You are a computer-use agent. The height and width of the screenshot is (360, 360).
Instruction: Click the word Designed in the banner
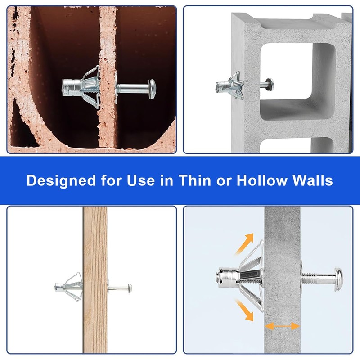(61, 181)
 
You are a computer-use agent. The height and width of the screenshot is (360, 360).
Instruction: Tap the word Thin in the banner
(195, 180)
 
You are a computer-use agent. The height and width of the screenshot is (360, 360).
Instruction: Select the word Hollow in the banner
(262, 180)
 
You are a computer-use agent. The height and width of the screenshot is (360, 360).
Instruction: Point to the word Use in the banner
(141, 180)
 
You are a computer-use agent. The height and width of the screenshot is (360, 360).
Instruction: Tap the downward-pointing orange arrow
(244, 310)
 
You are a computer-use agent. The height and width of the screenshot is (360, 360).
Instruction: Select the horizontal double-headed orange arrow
(283, 326)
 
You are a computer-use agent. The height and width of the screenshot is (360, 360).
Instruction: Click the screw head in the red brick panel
(152, 89)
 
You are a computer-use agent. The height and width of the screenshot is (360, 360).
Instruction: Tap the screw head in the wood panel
(130, 288)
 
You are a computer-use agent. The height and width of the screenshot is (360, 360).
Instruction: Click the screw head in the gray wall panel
(339, 279)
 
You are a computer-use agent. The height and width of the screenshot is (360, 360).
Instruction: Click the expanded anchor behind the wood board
(68, 287)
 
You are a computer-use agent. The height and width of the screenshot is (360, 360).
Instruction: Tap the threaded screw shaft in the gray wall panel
(318, 278)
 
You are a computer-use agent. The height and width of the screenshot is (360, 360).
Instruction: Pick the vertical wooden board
(95, 279)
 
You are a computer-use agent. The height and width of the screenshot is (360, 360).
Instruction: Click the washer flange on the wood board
(108, 287)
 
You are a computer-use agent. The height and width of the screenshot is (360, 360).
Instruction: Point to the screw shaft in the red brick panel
(133, 89)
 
